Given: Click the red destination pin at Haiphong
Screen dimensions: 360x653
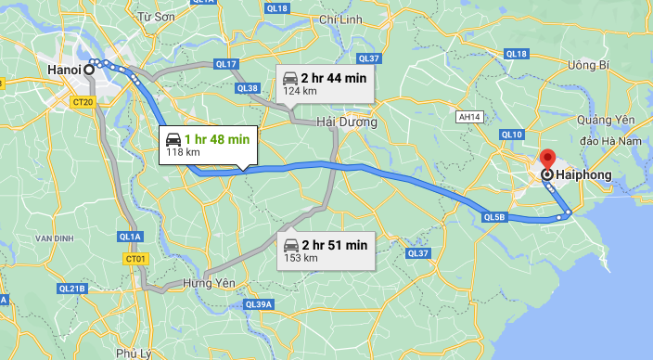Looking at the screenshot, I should (x=546, y=159).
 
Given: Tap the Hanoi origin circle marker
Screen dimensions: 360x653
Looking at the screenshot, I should (x=89, y=69).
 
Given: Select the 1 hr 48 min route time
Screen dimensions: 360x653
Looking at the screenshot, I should (x=218, y=139).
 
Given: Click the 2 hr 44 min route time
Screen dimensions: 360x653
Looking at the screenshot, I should (x=334, y=78).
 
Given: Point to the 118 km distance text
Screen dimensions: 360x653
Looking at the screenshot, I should (x=183, y=152).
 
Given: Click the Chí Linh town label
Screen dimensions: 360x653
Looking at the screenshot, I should (x=338, y=19).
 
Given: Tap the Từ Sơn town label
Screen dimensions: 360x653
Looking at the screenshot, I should (x=155, y=17).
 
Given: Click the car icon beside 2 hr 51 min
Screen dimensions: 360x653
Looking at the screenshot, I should (x=290, y=245).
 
